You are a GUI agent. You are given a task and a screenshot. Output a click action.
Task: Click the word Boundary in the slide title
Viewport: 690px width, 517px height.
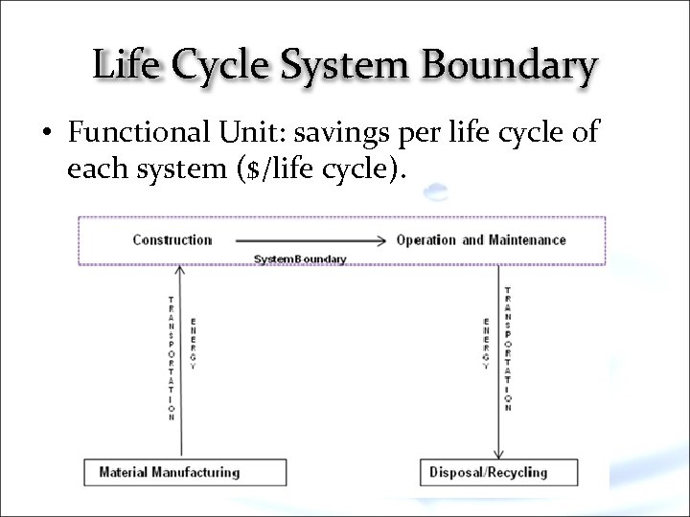click(509, 67)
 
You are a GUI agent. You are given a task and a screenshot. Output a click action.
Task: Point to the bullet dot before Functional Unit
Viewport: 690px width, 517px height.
click(45, 134)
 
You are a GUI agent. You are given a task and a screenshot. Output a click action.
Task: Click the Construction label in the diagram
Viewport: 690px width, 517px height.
click(172, 239)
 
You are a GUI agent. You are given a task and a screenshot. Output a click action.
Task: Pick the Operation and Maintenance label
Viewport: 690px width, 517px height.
click(481, 239)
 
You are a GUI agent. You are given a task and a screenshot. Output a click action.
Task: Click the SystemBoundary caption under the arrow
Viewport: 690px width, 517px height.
click(300, 259)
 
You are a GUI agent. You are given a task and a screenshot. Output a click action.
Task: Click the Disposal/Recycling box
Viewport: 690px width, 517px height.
click(498, 472)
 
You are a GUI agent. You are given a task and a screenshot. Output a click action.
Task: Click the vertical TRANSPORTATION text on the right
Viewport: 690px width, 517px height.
click(507, 349)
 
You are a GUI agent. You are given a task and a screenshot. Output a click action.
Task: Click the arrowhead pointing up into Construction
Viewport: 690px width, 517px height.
click(179, 271)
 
